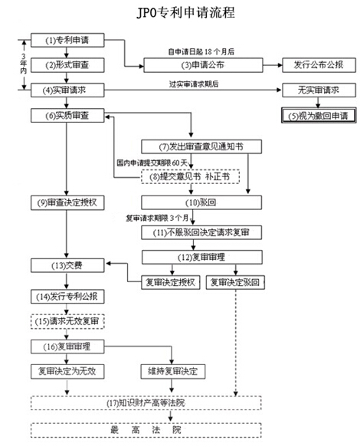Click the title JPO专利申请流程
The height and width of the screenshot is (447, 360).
tap(185, 12)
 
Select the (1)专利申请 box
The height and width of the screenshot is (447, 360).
tap(67, 40)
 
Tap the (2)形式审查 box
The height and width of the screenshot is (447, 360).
tap(67, 65)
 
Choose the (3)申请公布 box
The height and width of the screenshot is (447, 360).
tap(203, 65)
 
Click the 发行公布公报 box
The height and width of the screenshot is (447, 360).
tap(319, 65)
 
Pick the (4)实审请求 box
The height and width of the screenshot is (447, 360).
tap(67, 90)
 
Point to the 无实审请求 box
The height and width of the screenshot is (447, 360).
tap(319, 90)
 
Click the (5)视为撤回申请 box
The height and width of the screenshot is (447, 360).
tap(319, 116)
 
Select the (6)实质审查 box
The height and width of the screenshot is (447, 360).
tap(67, 116)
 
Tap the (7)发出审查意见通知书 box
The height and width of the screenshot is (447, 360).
tap(201, 146)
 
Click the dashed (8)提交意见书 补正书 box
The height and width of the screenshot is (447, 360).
tap(191, 177)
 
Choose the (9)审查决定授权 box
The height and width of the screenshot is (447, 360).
tap(67, 202)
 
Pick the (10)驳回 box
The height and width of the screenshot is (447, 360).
tap(201, 202)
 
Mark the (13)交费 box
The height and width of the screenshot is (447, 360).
tap(67, 265)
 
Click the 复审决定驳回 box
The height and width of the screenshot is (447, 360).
tap(235, 282)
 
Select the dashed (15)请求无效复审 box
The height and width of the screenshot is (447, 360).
tap(67, 321)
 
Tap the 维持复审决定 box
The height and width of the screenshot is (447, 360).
tap(173, 371)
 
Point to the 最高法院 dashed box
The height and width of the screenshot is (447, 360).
tap(146, 430)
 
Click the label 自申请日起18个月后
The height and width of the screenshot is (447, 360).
tap(201, 51)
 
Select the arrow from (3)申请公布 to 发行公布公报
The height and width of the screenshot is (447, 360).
tap(273, 65)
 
